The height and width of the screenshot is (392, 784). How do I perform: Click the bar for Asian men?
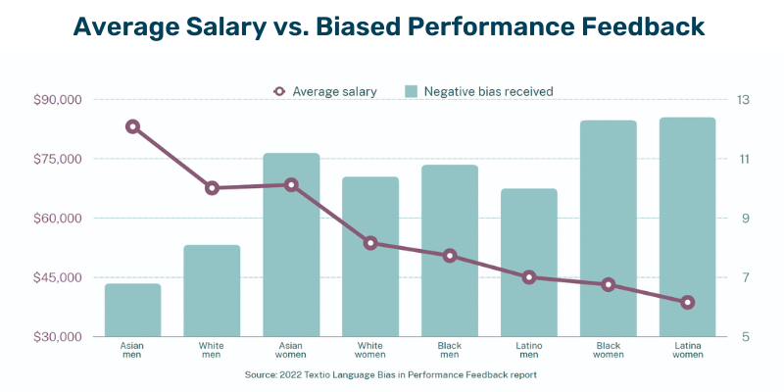click(132, 310)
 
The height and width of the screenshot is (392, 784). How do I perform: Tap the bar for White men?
click(212, 290)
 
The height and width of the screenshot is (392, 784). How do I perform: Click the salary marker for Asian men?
click(132, 126)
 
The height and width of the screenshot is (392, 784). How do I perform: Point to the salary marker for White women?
click(370, 243)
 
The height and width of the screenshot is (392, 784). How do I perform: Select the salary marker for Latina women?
click(687, 303)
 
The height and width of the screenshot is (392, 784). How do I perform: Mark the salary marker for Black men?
click(450, 256)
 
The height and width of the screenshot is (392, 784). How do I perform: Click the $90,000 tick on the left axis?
click(58, 100)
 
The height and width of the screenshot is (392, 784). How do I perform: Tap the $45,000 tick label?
click(58, 277)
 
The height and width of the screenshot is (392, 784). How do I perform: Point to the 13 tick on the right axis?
click(744, 100)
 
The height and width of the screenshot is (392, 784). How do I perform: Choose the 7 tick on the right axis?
click(744, 277)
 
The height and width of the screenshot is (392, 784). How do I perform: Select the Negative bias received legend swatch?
click(412, 91)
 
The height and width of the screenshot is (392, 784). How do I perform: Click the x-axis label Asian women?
click(291, 351)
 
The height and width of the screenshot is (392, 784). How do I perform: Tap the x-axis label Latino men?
click(529, 351)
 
